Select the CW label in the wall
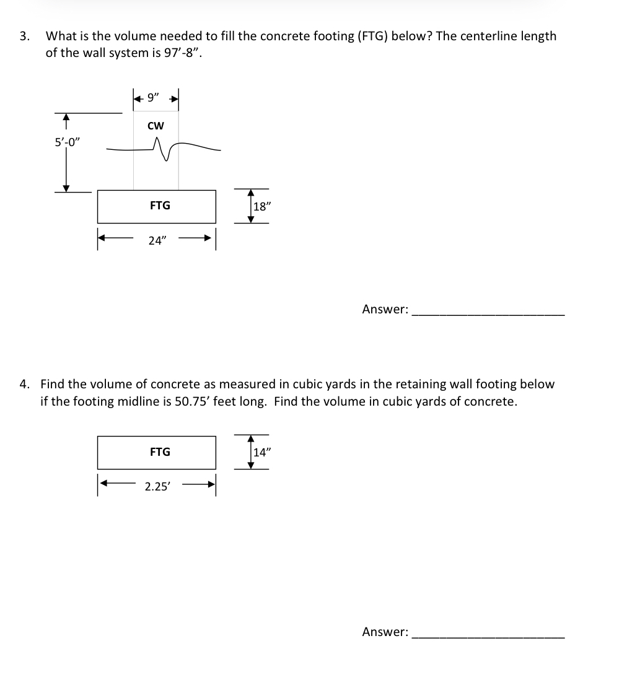click(x=156, y=126)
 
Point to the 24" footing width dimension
click(x=157, y=241)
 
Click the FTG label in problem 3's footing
click(x=160, y=205)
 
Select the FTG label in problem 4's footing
click(x=160, y=452)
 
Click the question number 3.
click(x=24, y=36)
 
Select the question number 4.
click(x=24, y=384)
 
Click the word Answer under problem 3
click(x=385, y=309)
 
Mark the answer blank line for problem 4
click(x=488, y=637)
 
